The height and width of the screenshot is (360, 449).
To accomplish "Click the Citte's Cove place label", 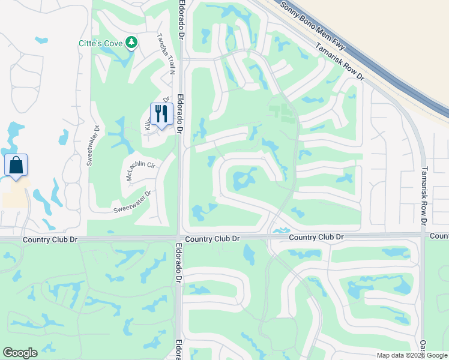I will click(x=100, y=43).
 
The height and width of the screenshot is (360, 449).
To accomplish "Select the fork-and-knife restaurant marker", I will click(x=161, y=114).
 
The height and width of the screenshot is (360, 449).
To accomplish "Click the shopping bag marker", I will click(x=16, y=165).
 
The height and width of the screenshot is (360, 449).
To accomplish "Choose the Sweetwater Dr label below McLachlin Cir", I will click(x=133, y=203).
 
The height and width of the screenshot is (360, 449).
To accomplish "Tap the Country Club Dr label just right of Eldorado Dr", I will click(x=212, y=239).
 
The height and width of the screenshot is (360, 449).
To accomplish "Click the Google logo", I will click(x=20, y=353).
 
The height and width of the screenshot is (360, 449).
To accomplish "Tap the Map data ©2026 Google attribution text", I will click(x=411, y=355).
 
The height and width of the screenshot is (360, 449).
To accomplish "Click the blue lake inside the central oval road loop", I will click(x=244, y=179).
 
